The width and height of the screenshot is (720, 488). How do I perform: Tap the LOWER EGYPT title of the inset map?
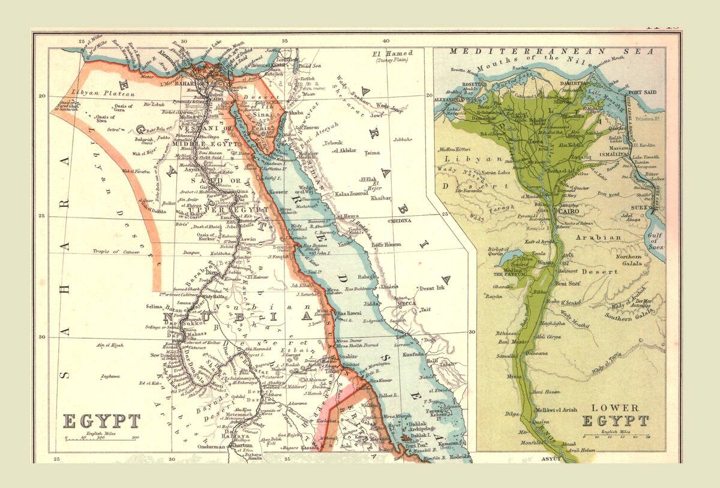(x=615, y=413)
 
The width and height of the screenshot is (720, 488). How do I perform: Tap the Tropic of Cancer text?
(x=116, y=252)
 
